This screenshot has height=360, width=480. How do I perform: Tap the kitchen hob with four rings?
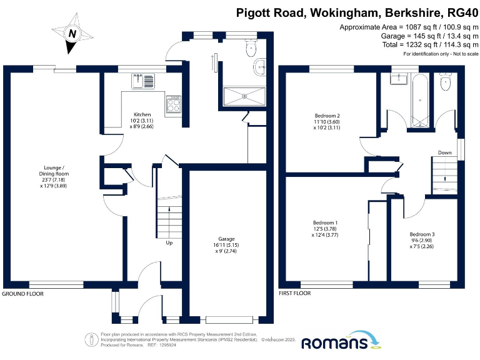pos(173,104)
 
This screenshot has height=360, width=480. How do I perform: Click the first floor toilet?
pos(445,82)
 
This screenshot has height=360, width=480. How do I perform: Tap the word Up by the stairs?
pos(169,242)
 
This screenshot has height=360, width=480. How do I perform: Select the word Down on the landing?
pos(444,152)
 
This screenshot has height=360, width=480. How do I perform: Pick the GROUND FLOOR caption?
pos(22,293)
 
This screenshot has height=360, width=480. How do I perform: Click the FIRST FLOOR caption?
pos(295,293)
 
